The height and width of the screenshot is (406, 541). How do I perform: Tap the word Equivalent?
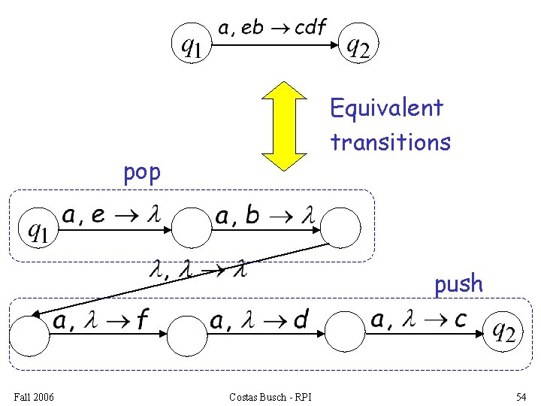coord(387,108)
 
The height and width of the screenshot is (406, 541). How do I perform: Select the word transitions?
coord(390,141)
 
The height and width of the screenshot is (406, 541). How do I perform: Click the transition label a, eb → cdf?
coord(272,29)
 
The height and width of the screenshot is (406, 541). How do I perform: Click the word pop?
coord(142,172)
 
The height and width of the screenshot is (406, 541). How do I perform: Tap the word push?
coord(458,283)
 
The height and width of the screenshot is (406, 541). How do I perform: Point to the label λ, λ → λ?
coord(198,267)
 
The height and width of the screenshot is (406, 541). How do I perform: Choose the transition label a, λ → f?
coord(99,321)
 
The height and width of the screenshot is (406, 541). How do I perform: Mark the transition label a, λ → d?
coord(259,321)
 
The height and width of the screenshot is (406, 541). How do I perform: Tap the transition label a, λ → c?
coord(419,320)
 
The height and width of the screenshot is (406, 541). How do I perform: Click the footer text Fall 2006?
coord(33,396)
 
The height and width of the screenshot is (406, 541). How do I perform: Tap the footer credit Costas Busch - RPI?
coord(271,396)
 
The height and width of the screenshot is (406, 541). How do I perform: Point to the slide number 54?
coord(521,396)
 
